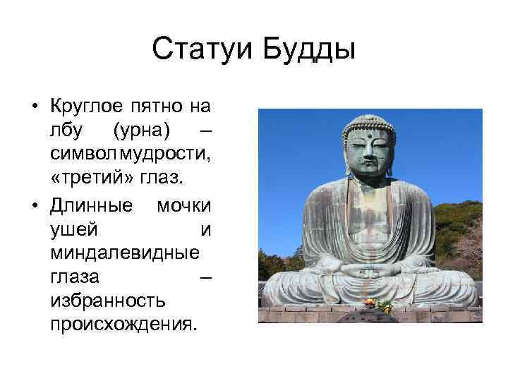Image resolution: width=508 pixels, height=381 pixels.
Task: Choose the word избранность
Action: (x=108, y=301)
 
